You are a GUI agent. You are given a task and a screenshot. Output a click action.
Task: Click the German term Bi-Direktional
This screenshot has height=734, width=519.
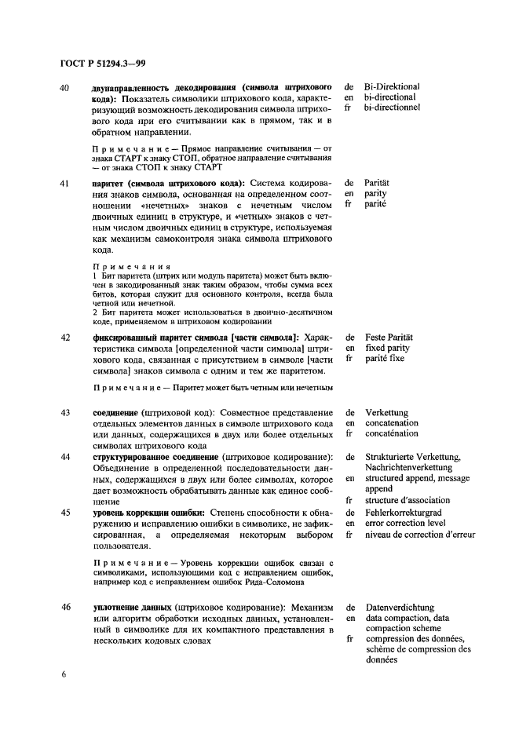(392, 86)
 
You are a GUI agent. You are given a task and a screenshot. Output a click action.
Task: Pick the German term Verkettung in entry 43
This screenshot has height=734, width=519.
(386, 412)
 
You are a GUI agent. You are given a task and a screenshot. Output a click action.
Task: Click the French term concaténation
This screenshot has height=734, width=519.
(391, 433)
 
